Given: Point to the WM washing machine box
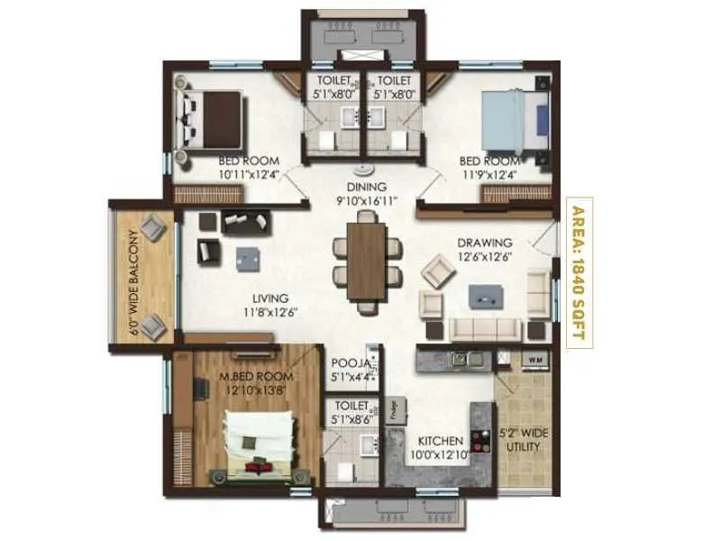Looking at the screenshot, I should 534,361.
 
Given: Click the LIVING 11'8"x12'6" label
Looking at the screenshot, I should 269,305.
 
